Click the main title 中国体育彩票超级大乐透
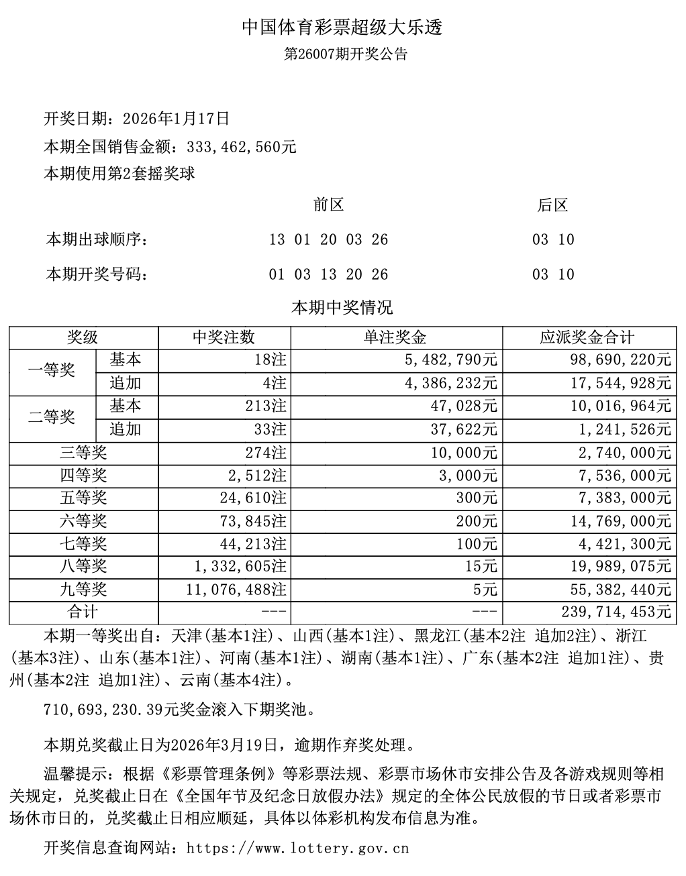coord(342,28)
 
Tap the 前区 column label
coord(328,205)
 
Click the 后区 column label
coord(552,205)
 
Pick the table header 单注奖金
coord(396,337)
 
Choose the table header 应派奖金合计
coord(588,337)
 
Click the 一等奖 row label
coord(52,371)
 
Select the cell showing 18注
coord(271,360)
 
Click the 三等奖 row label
coord(83,453)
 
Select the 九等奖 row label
coord(83,590)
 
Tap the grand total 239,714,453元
coord(612,612)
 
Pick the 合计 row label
coord(83,612)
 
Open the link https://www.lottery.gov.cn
coord(297,848)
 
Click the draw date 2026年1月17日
coord(177,119)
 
